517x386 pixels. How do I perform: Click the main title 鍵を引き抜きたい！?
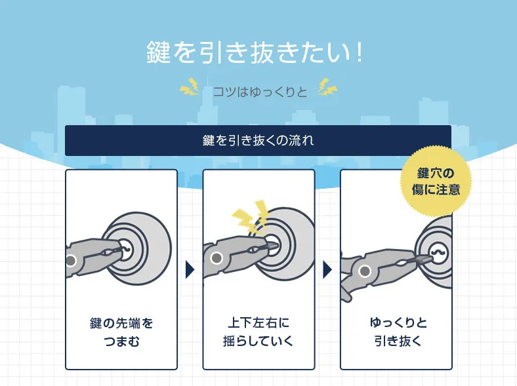[255, 52]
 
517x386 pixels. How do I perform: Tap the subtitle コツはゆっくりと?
[259, 91]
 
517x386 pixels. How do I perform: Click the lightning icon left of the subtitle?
[190, 87]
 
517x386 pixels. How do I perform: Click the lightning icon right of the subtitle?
[327, 87]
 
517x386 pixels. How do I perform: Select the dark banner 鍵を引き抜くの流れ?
[258, 140]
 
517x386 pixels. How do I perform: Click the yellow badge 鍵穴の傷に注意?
[436, 182]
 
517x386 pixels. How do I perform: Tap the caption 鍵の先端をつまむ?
[121, 332]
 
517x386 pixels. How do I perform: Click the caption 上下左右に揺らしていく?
[258, 332]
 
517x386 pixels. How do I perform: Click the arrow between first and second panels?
[190, 269]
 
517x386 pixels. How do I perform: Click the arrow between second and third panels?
[327, 269]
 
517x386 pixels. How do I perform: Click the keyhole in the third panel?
[438, 253]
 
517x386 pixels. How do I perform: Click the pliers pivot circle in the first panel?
[72, 261]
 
